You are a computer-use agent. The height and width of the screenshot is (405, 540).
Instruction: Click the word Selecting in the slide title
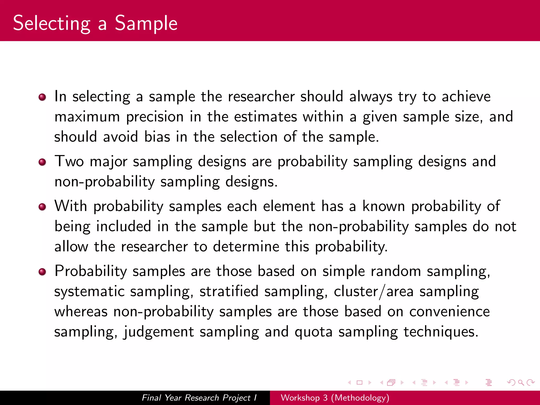tap(52, 24)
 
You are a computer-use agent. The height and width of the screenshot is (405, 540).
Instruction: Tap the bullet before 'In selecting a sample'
tap(42, 97)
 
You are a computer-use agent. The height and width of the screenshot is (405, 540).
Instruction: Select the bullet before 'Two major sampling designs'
tap(42, 162)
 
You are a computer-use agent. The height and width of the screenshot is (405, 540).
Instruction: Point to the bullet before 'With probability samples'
tap(42, 207)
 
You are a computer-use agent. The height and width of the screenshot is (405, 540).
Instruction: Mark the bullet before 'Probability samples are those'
tap(42, 272)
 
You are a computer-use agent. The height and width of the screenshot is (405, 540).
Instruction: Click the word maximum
tap(87, 117)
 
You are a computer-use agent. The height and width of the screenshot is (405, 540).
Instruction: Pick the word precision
tap(155, 117)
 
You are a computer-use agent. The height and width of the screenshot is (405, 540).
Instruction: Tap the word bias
tap(157, 137)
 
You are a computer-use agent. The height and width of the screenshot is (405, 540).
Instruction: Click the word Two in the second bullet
tap(69, 161)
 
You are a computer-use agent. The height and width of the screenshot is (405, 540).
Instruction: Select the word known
tap(384, 206)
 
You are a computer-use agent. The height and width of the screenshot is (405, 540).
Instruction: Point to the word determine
tap(246, 247)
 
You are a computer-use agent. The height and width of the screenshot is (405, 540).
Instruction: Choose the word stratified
tap(229, 291)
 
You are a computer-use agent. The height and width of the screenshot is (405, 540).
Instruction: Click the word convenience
tap(449, 312)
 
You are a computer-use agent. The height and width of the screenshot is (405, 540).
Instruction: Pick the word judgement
tap(159, 332)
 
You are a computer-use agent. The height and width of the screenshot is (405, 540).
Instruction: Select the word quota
tap(314, 332)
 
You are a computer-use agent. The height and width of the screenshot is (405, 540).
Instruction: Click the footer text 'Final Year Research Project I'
tap(199, 398)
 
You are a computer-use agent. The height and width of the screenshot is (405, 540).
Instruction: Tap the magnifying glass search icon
tap(521, 383)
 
